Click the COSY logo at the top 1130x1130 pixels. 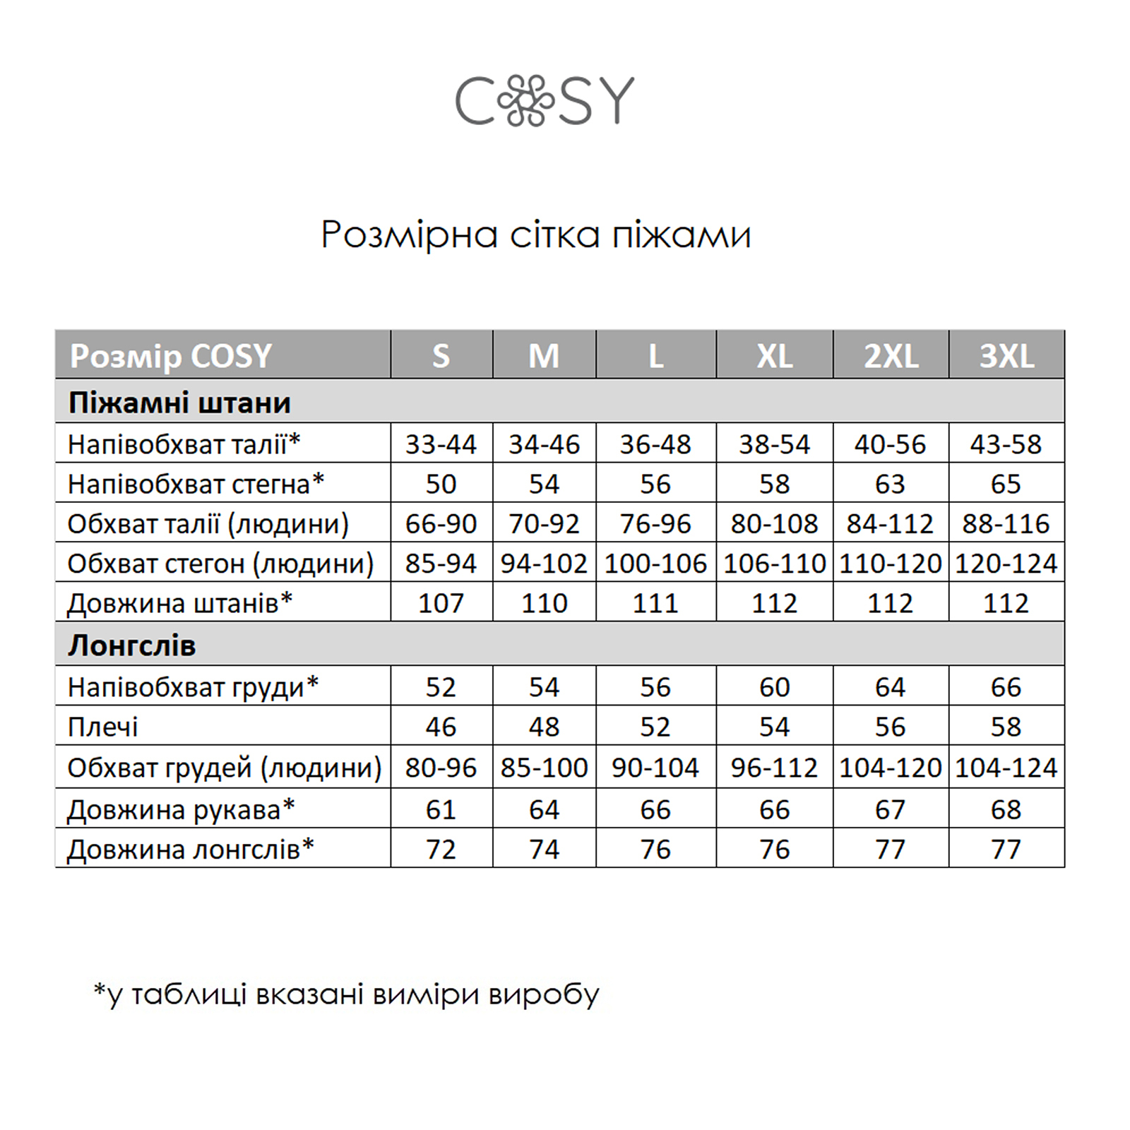pos(545,102)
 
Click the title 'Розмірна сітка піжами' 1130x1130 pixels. pos(536,234)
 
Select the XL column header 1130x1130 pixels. pos(775,355)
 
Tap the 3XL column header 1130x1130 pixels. pos(1006,355)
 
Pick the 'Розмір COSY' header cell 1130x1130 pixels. pos(171,356)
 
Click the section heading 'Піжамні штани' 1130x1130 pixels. pos(179,403)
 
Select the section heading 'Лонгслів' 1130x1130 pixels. pos(132,646)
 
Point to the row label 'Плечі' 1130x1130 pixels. pos(103,727)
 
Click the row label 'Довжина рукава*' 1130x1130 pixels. pos(181,809)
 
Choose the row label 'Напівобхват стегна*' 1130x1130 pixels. pos(196,484)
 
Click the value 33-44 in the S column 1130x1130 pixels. pos(441,444)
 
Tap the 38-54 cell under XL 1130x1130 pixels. pos(775,444)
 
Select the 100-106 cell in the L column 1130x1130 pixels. pos(655,564)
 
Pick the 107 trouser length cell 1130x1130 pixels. pos(441,603)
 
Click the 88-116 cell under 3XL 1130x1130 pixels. pos(1006,524)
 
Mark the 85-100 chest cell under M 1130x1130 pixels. pos(544,768)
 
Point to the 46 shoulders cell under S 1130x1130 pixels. pos(441,727)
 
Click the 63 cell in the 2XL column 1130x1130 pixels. pos(890,484)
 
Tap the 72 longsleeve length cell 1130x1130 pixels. pos(441,849)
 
